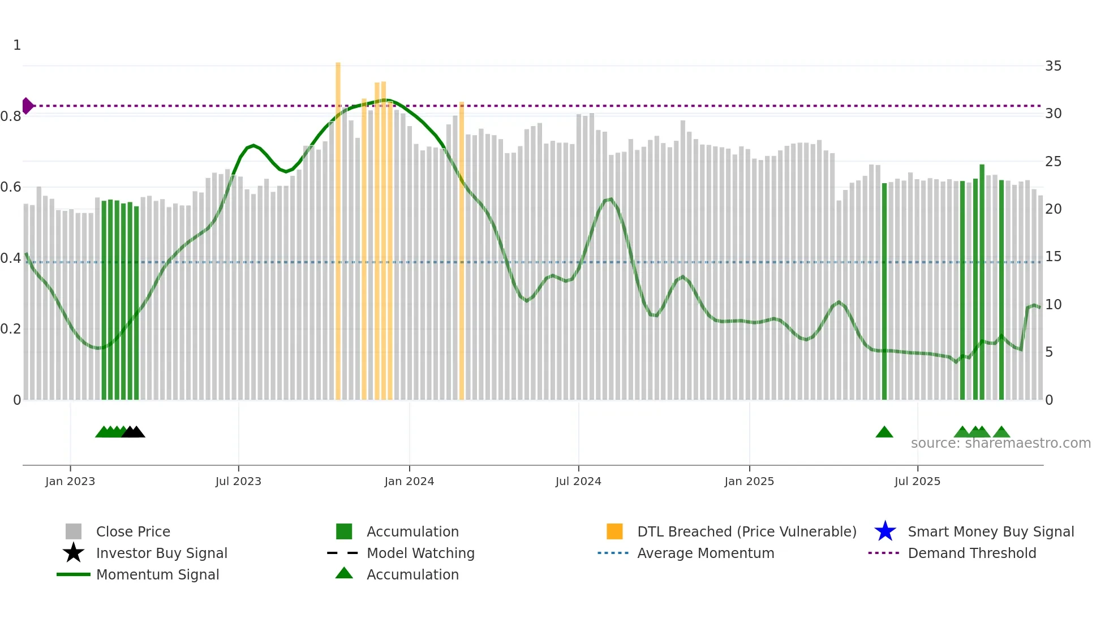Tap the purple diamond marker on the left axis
coord(27,106)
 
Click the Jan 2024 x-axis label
coord(409,481)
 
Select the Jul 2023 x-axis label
coord(238,481)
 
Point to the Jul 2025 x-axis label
coord(917,481)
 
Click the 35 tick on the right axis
coord(1053,66)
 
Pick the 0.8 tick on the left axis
coord(11,116)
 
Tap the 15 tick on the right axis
coord(1053,257)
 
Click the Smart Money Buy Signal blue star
coord(885,531)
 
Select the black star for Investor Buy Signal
coord(74,553)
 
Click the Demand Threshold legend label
coord(972,553)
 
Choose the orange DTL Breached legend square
coord(614,531)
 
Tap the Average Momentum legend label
coord(706,553)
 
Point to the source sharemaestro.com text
coord(1000,443)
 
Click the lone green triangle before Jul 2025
coord(884,432)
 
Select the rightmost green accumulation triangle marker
coord(1001,432)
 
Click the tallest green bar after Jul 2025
coord(982,283)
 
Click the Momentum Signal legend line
coord(74,574)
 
